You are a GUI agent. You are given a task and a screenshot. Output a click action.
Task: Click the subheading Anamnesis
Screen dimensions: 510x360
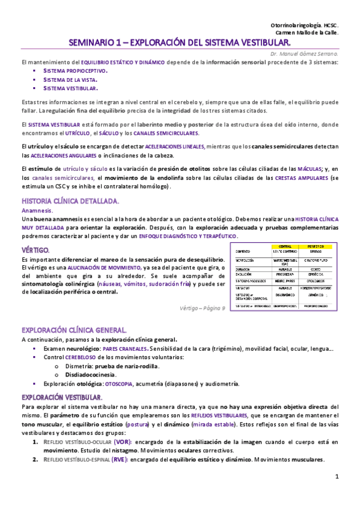click(x=37, y=211)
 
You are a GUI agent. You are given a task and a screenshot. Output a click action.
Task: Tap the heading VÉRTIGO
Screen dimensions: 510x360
click(x=35, y=249)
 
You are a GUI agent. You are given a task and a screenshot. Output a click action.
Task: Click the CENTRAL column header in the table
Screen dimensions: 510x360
click(x=281, y=247)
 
